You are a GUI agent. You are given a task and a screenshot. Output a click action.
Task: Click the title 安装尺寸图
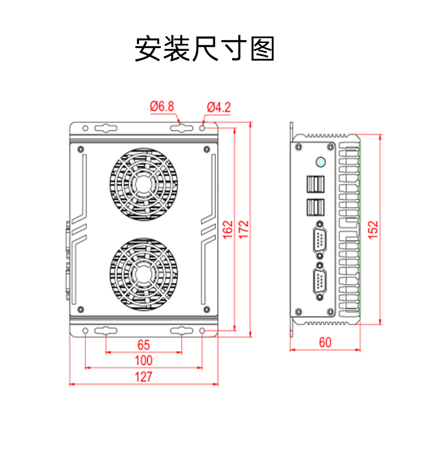[x=205, y=50]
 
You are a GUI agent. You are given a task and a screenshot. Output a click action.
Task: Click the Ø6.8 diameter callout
[x=162, y=107]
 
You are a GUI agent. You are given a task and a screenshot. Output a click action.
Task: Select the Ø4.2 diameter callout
[x=218, y=107]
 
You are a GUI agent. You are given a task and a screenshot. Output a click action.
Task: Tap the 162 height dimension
[x=228, y=229]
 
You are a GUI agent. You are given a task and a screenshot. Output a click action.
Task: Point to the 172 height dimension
[x=243, y=229]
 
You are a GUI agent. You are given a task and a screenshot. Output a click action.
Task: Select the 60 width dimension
[x=325, y=342]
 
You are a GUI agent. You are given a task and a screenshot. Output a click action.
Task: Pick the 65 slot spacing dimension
[x=143, y=344]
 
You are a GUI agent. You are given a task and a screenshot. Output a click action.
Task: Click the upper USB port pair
[x=314, y=185]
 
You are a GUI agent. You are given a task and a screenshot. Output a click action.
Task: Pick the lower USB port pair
[x=314, y=207]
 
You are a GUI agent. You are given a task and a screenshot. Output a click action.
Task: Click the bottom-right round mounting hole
[x=203, y=332]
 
